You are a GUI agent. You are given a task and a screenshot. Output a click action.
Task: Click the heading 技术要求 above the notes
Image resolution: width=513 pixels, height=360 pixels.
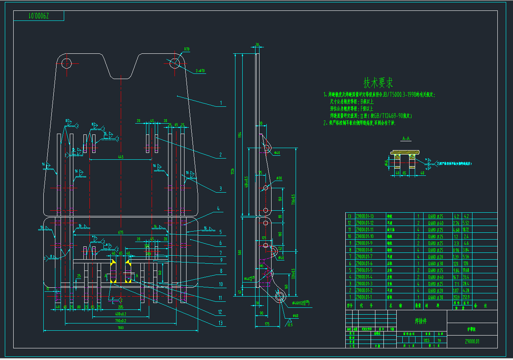(378, 83)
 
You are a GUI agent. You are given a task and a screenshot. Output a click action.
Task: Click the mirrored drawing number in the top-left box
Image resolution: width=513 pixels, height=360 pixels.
(39, 16)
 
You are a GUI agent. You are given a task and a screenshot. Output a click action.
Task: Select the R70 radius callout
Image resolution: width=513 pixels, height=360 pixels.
(187, 49)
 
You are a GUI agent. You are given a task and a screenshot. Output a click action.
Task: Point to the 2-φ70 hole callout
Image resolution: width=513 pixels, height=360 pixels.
(200, 71)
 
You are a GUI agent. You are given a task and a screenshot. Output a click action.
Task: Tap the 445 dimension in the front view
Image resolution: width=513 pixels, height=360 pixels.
(120, 157)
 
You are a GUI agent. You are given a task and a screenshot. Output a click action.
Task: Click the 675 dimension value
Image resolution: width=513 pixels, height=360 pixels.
(120, 232)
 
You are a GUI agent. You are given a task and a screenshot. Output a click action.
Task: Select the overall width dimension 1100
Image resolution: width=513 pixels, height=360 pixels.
(120, 328)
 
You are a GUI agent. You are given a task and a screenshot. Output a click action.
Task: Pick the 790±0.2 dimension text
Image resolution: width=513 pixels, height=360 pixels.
(120, 321)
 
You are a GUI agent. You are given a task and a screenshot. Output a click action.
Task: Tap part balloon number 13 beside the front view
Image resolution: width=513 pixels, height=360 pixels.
(220, 323)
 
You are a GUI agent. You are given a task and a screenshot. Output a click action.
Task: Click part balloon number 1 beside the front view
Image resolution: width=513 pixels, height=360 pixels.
(221, 103)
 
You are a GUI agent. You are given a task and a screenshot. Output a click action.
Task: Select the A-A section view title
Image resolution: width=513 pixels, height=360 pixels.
(406, 139)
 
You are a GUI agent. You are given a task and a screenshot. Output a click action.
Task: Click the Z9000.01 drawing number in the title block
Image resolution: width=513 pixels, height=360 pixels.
(472, 342)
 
